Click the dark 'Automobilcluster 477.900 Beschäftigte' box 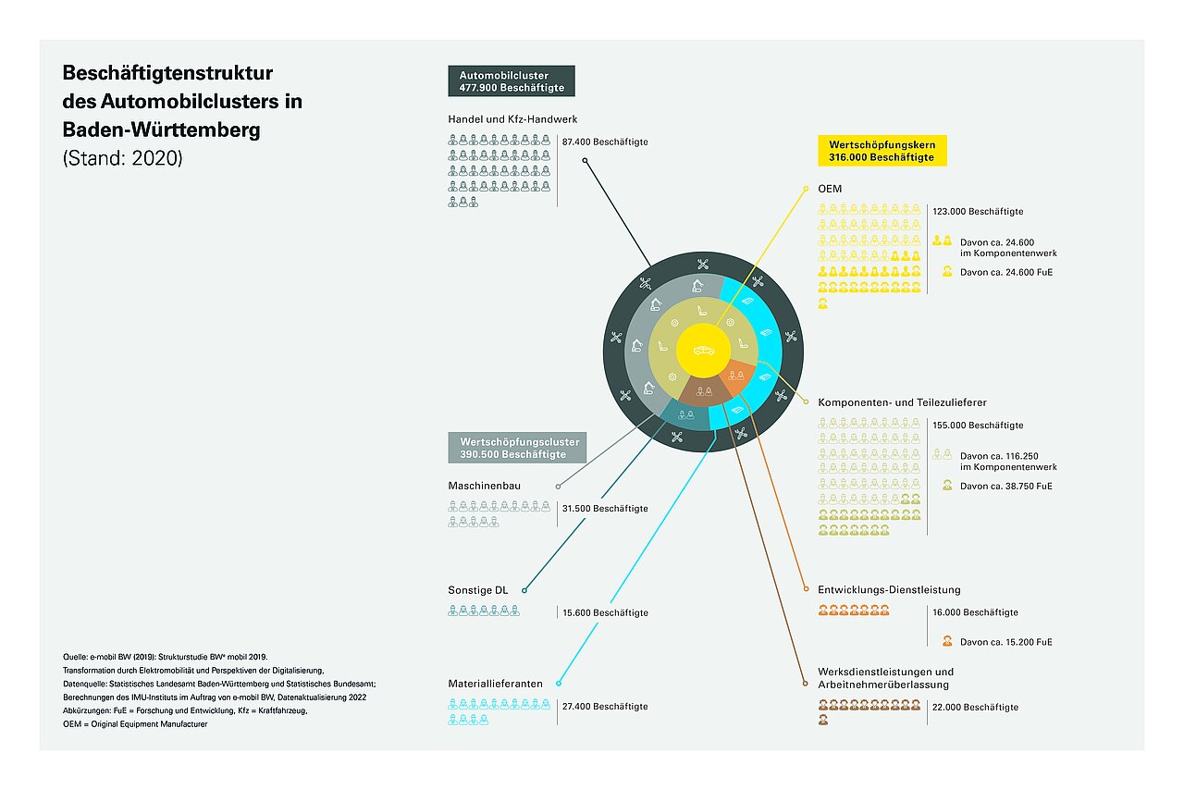coord(512,80)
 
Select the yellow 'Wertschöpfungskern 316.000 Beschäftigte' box coord(882,151)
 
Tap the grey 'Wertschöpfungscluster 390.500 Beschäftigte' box coord(517,448)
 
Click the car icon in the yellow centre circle coord(704,350)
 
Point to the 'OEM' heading coord(830,189)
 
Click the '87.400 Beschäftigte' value coord(605,142)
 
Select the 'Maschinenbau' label coord(484,486)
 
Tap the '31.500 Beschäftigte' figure coord(605,508)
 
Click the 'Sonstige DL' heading coord(478,590)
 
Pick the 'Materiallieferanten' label coord(495,684)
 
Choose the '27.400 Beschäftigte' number coord(605,707)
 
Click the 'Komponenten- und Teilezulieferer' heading coord(902,402)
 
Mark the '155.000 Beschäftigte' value coord(978,426)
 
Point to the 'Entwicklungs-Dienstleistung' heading coord(889,589)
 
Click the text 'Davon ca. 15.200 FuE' coord(1005,642)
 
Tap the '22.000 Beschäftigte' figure coord(975,707)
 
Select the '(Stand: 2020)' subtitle coord(123,158)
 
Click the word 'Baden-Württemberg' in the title coord(161,130)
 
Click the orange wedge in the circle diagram coord(738,376)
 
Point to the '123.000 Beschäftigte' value coord(978,212)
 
